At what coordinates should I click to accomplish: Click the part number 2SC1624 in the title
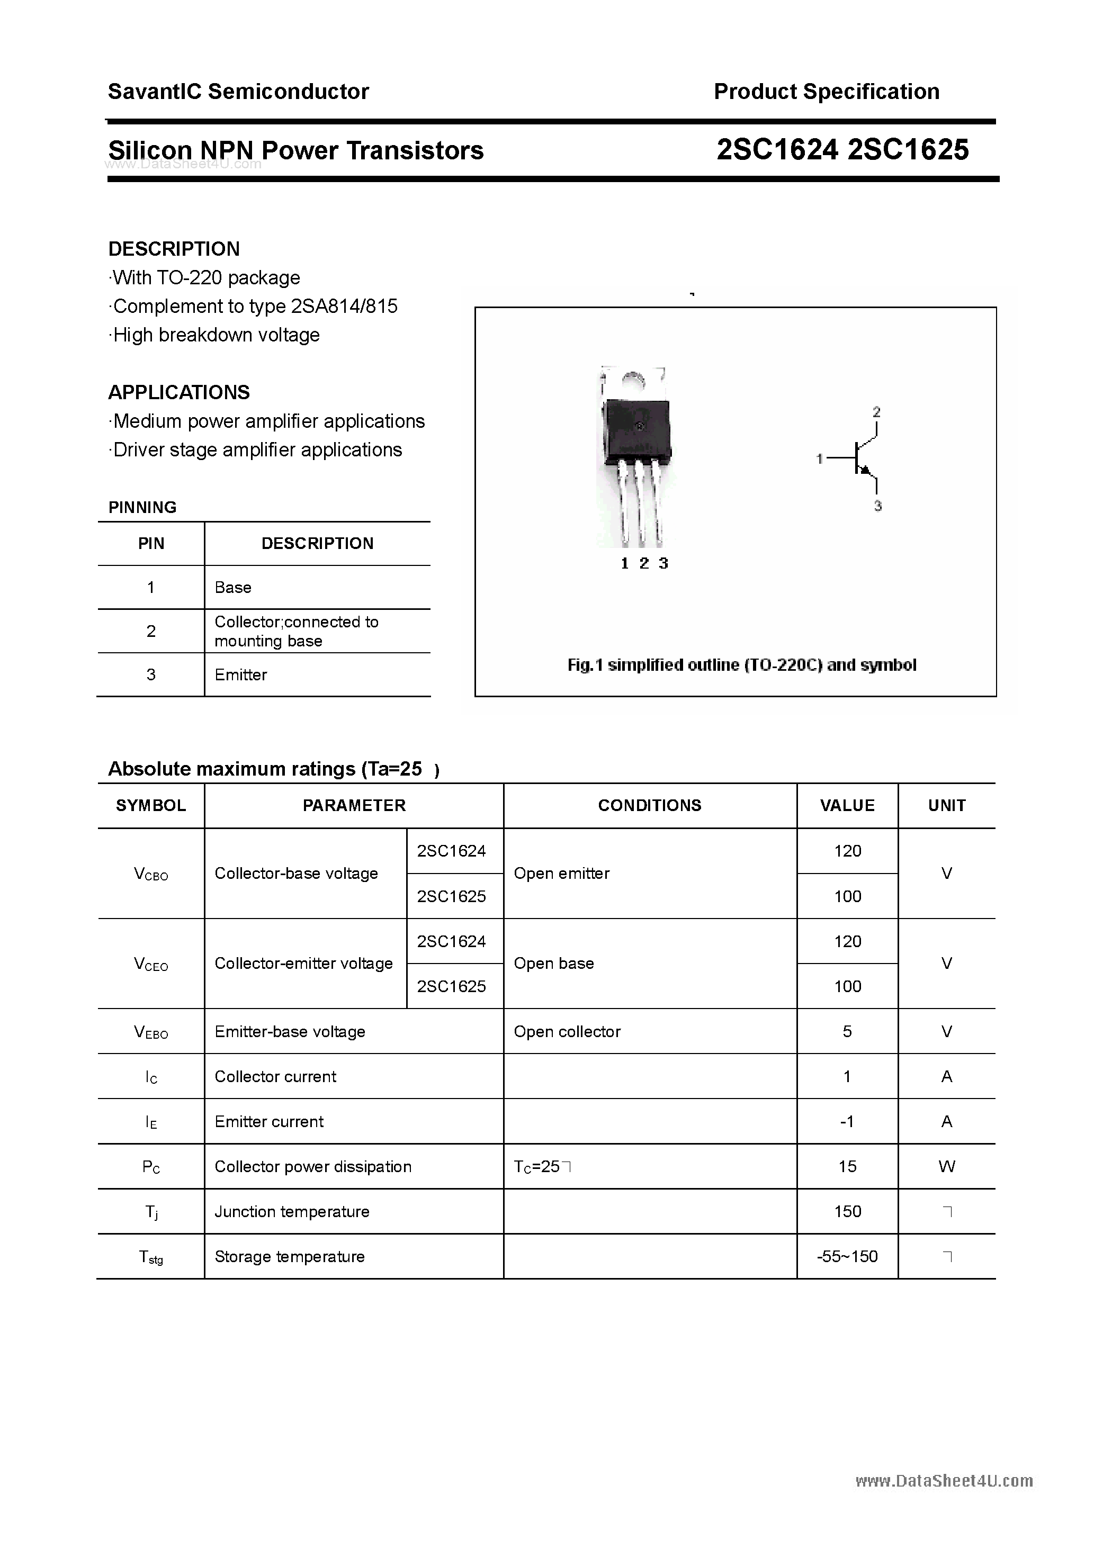pyautogui.click(x=777, y=150)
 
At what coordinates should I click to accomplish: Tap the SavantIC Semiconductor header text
pyautogui.click(x=238, y=92)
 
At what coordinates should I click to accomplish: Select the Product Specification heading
pyautogui.click(x=826, y=92)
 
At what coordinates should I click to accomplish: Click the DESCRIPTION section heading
pyautogui.click(x=174, y=249)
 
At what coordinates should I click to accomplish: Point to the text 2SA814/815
pyautogui.click(x=344, y=306)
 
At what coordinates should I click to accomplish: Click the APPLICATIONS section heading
pyautogui.click(x=179, y=392)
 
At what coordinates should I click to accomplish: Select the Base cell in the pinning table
pyautogui.click(x=232, y=587)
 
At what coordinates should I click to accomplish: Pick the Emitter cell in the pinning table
pyautogui.click(x=241, y=675)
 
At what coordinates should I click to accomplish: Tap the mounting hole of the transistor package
pyautogui.click(x=633, y=381)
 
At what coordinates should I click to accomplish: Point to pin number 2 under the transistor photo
pyautogui.click(x=643, y=564)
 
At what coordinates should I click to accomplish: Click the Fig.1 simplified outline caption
pyautogui.click(x=742, y=665)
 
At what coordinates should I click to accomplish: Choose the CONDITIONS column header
pyautogui.click(x=650, y=806)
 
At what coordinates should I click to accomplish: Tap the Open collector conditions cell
pyautogui.click(x=567, y=1031)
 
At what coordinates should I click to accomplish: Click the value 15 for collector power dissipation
pyautogui.click(x=847, y=1166)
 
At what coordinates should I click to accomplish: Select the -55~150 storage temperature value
pyautogui.click(x=847, y=1257)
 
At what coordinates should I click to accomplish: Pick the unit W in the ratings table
pyautogui.click(x=946, y=1166)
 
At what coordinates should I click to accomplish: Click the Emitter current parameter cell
pyautogui.click(x=269, y=1121)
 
